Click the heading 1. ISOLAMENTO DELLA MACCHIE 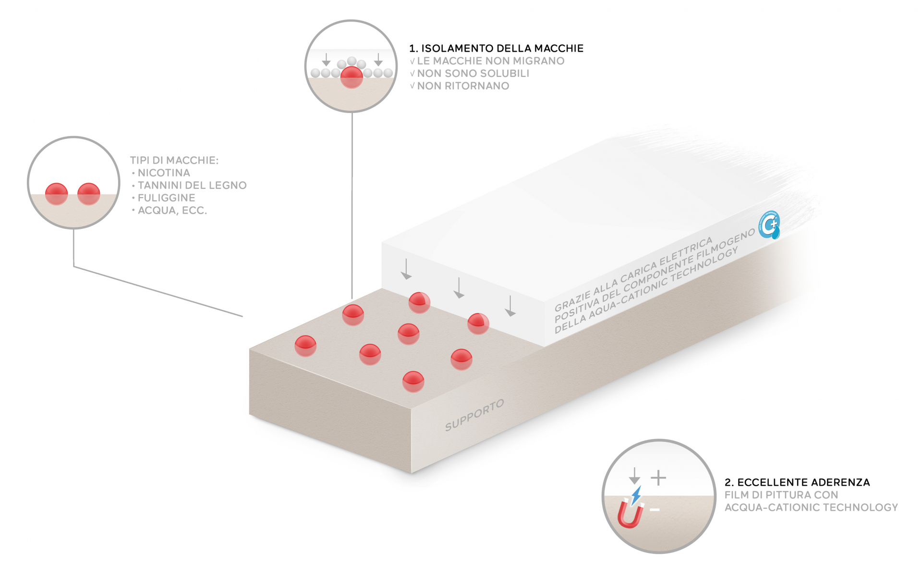pyautogui.click(x=496, y=49)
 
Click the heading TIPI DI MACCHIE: pyautogui.click(x=174, y=161)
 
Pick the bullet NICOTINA pyautogui.click(x=161, y=173)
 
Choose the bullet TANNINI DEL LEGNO pyautogui.click(x=189, y=186)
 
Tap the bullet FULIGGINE pyautogui.click(x=163, y=198)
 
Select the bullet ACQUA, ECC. pyautogui.click(x=170, y=211)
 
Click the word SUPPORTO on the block pyautogui.click(x=474, y=415)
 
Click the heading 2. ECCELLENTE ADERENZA pyautogui.click(x=797, y=482)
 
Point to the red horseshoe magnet pyautogui.click(x=630, y=514)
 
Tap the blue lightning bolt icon pyautogui.click(x=636, y=495)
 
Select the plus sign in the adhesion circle pyautogui.click(x=658, y=478)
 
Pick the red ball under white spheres pyautogui.click(x=352, y=77)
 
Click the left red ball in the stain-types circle pyautogui.click(x=57, y=194)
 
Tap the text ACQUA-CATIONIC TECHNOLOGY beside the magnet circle pyautogui.click(x=811, y=507)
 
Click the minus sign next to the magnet pyautogui.click(x=655, y=510)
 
